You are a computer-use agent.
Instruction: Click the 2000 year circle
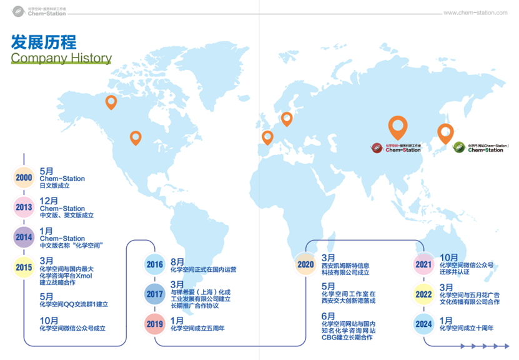point(24,178)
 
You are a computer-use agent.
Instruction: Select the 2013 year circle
point(24,207)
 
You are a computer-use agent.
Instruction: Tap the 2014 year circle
point(24,237)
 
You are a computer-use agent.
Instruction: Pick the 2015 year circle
point(24,267)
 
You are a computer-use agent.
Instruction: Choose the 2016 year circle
point(154,265)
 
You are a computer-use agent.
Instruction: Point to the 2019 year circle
point(154,324)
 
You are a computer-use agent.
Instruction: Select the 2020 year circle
point(305,264)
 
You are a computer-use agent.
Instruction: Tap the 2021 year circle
point(424,265)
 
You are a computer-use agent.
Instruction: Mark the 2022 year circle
point(424,294)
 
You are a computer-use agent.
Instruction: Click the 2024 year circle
point(424,324)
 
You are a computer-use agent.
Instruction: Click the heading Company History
point(61,58)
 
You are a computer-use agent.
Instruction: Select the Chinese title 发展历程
point(44,42)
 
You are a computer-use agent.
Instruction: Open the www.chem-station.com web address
point(475,12)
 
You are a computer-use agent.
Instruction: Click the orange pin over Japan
point(445,134)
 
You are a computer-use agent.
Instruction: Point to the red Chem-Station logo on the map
point(396,148)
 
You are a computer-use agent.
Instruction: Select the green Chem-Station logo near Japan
point(480,147)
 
